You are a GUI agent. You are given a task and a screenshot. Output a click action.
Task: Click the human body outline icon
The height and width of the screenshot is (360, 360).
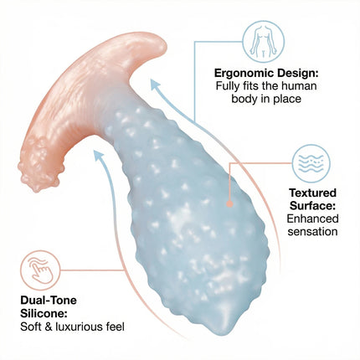point(263,41)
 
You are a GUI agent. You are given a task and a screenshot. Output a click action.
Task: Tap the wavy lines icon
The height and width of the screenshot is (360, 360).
point(311,163)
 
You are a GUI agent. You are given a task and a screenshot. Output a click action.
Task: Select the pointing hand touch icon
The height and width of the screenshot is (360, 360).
point(40,270)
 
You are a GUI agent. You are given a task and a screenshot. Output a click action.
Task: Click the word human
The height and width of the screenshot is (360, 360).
point(299,85)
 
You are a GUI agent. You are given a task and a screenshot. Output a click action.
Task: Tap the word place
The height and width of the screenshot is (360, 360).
point(287,99)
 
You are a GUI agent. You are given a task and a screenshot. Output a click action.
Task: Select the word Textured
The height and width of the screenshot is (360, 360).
point(312,193)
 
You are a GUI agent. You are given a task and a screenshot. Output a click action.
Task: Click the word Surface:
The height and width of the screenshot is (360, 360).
point(312,206)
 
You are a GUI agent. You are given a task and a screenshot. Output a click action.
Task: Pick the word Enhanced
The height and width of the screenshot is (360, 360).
point(312,219)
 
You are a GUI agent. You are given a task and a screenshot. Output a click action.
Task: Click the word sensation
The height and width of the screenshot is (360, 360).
point(312,232)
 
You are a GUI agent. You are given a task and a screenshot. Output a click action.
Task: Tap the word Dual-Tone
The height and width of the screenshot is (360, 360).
point(49,301)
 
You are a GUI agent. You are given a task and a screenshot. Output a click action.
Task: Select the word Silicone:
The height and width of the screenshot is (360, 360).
point(44,313)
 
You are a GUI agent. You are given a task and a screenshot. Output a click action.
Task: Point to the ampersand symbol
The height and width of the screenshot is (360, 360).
point(49,327)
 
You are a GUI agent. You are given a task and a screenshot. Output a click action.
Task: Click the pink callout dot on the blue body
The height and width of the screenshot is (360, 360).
point(229,204)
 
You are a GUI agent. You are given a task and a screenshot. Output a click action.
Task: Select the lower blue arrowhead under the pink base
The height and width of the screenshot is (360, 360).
point(98,155)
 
